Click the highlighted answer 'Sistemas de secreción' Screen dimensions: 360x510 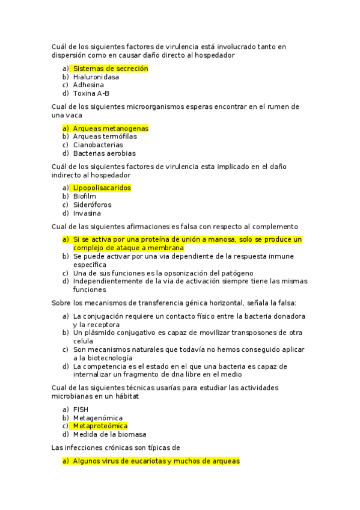110,69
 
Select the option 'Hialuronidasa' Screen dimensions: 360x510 96,77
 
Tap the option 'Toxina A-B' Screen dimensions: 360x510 91,93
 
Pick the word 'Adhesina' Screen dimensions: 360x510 88,85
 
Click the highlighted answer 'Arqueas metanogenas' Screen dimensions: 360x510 111,128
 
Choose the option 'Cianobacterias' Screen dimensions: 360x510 98,145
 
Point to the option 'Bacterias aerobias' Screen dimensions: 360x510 104,153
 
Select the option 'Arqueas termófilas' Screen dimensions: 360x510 105,137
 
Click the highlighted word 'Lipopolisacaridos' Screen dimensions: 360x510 102,188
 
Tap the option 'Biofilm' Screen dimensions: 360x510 84,196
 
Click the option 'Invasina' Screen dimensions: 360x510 87,213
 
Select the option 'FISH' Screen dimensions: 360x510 81,410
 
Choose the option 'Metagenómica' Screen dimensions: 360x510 97,418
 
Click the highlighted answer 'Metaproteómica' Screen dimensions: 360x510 100,426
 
